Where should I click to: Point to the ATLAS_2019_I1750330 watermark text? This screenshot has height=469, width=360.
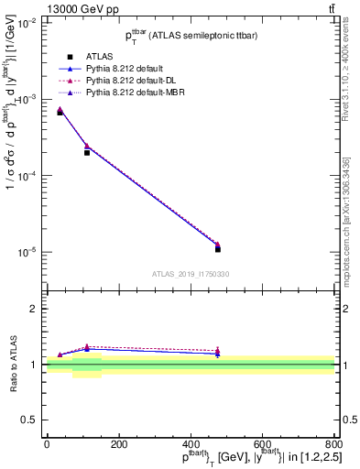[190, 274]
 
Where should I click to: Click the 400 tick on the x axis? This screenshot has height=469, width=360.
[190, 443]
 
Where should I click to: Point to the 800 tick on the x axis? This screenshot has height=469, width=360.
[333, 443]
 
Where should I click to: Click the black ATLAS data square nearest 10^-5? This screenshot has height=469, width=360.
[218, 249]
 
